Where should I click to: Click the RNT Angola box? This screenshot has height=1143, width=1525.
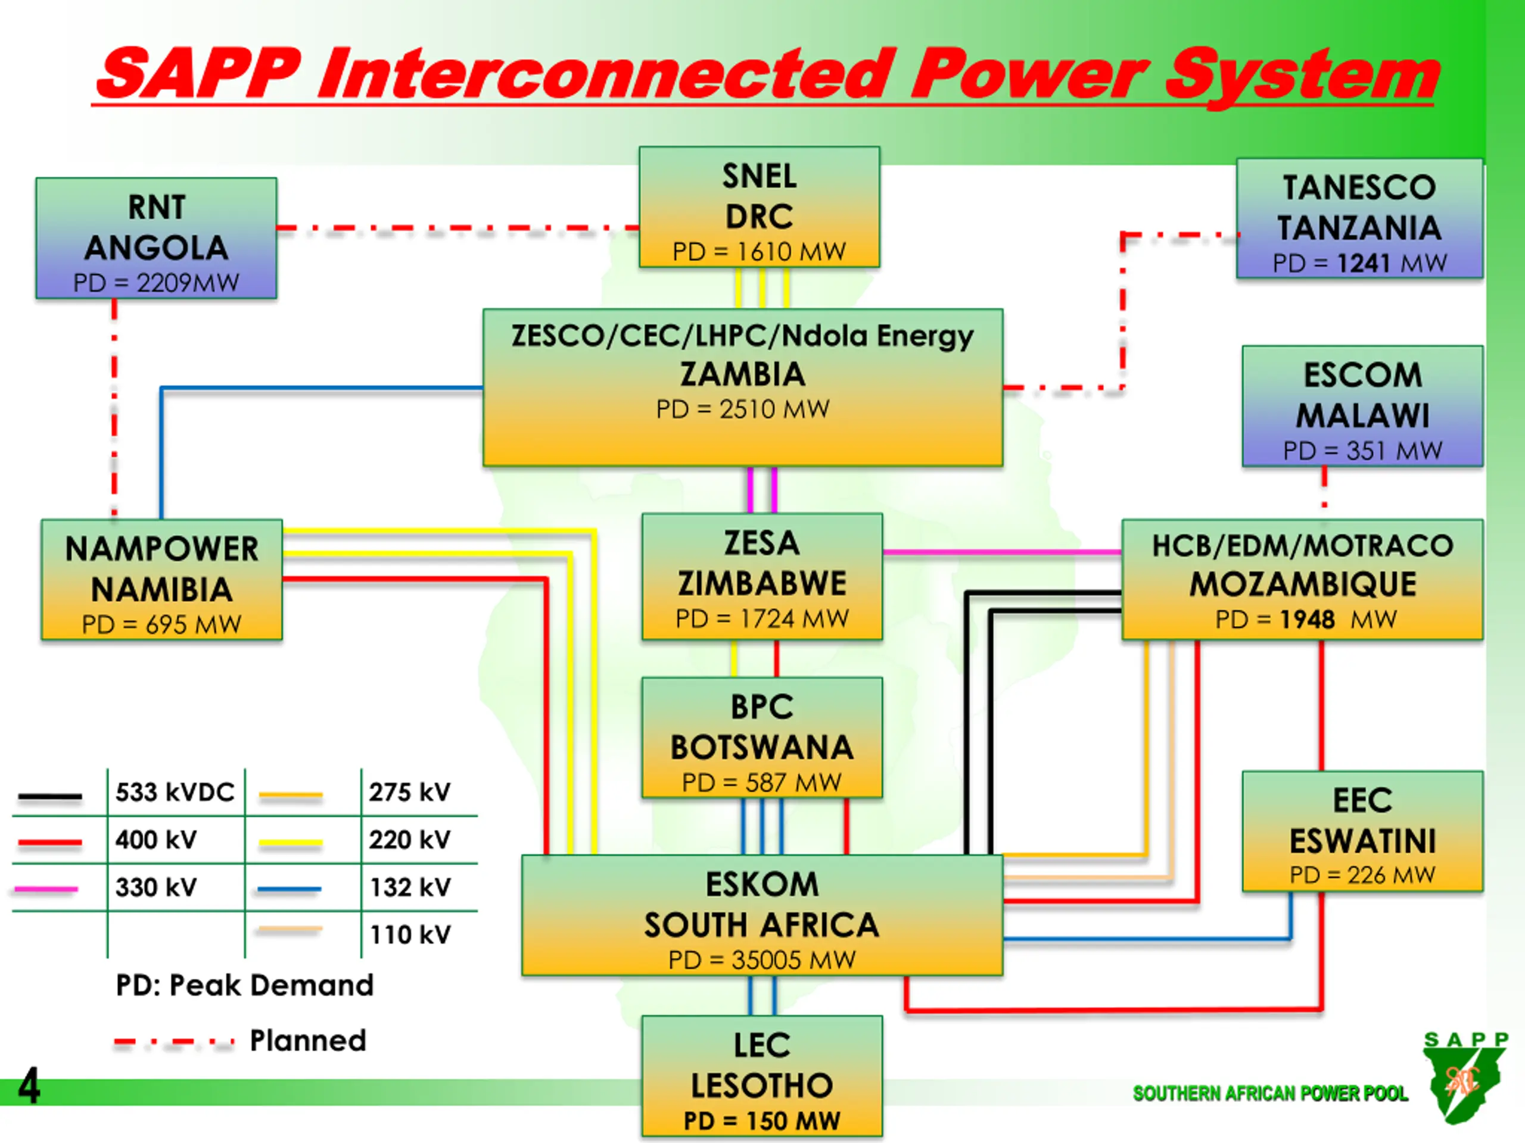(x=157, y=238)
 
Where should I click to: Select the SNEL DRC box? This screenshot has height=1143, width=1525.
(x=759, y=207)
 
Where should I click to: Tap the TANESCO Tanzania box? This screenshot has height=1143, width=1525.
(x=1359, y=218)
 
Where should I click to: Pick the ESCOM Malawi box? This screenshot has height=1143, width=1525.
(x=1362, y=407)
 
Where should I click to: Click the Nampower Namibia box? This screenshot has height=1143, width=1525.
(x=161, y=579)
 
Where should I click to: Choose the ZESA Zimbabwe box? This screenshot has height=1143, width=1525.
(x=762, y=577)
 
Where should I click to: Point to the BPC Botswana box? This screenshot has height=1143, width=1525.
(x=762, y=738)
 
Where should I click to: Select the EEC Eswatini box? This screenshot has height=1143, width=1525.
(x=1362, y=832)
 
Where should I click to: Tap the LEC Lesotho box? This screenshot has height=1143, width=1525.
(x=762, y=1076)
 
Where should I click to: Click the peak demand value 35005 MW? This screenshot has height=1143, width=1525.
(x=793, y=960)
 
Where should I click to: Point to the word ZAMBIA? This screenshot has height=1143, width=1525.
(x=742, y=374)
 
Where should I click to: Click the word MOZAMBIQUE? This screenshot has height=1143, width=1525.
(x=1303, y=584)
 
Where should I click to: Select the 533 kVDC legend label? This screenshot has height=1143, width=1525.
(x=175, y=792)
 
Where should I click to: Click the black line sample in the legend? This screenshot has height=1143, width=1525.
(x=49, y=797)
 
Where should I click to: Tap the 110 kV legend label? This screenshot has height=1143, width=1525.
(x=410, y=935)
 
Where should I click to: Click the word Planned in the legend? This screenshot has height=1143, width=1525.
(x=307, y=1041)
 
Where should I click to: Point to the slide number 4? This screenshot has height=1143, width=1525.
(x=29, y=1086)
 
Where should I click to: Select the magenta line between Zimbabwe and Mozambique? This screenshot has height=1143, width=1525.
(x=1003, y=552)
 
